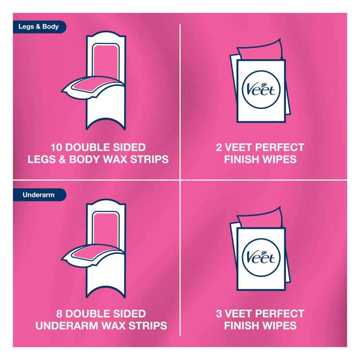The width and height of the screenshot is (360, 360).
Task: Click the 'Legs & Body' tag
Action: click(38, 27)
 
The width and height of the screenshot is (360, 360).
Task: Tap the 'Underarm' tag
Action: click(38, 194)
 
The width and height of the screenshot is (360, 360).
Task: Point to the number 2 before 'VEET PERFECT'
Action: click(219, 147)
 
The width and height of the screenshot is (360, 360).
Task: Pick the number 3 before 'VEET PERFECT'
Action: click(219, 314)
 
